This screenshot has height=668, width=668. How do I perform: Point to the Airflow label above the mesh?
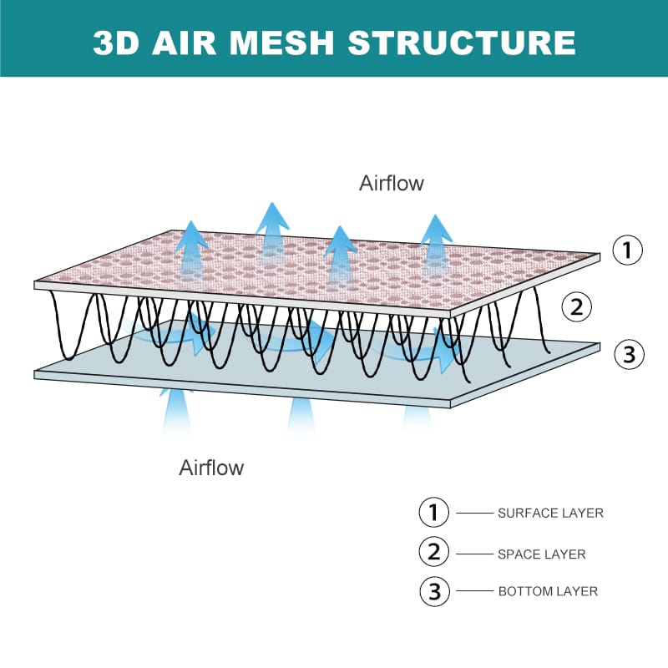392,183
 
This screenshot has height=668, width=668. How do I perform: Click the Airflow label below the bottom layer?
211,467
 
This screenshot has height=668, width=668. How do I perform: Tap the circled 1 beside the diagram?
628,250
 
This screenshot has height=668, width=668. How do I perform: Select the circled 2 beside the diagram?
575,307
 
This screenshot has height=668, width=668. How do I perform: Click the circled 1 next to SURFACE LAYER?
434,512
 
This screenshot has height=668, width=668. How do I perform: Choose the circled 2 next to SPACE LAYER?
434,551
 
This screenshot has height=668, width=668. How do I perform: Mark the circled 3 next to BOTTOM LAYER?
434,591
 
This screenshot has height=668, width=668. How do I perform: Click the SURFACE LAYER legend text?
550,513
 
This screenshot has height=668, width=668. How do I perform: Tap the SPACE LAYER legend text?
542,554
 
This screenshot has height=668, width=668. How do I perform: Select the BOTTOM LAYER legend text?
548,591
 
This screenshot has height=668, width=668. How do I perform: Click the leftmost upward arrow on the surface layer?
192,246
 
